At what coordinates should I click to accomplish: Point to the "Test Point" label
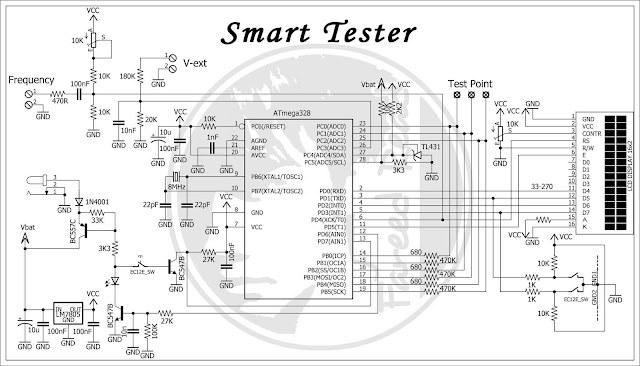(471, 84)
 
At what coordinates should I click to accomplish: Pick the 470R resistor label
(60, 100)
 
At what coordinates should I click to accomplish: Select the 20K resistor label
(152, 119)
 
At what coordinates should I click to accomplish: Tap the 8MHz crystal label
(178, 186)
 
